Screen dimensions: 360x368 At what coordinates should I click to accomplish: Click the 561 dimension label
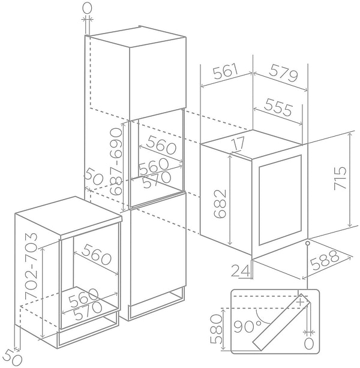tap(226, 71)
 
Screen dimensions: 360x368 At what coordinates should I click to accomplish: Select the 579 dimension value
tap(283, 73)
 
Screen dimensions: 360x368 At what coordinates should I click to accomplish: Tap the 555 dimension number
tap(278, 107)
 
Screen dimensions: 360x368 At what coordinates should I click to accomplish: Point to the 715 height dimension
tap(340, 178)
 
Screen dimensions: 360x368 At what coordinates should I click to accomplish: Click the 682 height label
tap(220, 204)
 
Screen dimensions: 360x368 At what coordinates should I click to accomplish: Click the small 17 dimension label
tap(239, 143)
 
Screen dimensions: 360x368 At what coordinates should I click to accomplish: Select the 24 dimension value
tap(240, 270)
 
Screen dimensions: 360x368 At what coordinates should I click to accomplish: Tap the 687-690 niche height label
tap(116, 161)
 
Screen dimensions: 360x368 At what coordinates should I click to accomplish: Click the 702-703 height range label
tap(31, 266)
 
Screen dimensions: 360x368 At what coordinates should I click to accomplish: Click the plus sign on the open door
tap(301, 301)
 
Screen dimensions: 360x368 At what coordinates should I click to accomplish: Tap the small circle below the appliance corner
tap(307, 243)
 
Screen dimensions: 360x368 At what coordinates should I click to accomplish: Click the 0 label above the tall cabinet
tap(87, 8)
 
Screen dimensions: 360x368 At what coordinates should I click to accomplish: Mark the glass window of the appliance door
tap(280, 200)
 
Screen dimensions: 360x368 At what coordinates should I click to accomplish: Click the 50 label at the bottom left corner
tap(13, 358)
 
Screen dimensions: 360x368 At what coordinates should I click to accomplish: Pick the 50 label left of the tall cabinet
tap(94, 176)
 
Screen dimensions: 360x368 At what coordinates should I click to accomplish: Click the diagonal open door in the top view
tap(281, 322)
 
